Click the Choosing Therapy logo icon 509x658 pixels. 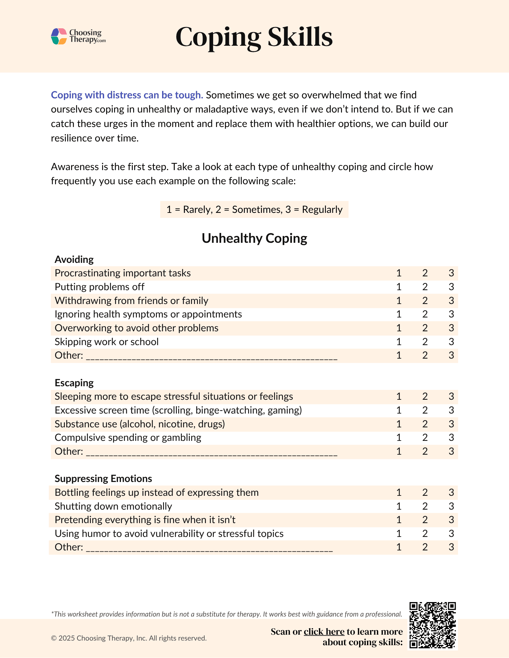[x=59, y=36]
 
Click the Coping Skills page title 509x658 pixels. [x=254, y=37]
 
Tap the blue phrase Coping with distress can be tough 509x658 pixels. [x=127, y=95]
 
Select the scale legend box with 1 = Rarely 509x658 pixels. [x=254, y=210]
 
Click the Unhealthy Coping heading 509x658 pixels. [x=254, y=238]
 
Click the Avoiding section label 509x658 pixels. [x=74, y=260]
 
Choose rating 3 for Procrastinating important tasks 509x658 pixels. [x=451, y=273]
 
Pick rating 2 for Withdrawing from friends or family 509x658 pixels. [x=425, y=301]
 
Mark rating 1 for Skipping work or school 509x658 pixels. [x=399, y=342]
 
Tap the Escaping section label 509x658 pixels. [x=74, y=383]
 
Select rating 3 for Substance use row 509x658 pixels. [x=451, y=424]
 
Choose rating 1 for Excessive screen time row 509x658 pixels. [x=399, y=410]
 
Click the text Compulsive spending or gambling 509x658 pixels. [x=128, y=438]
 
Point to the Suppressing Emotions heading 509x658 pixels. [x=103, y=479]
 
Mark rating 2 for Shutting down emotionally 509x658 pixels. [x=425, y=506]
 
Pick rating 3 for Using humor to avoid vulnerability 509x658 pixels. [x=451, y=534]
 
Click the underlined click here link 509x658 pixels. [x=324, y=632]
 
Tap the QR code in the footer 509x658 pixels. [x=432, y=625]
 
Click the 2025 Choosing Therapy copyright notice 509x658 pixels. [x=129, y=638]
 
